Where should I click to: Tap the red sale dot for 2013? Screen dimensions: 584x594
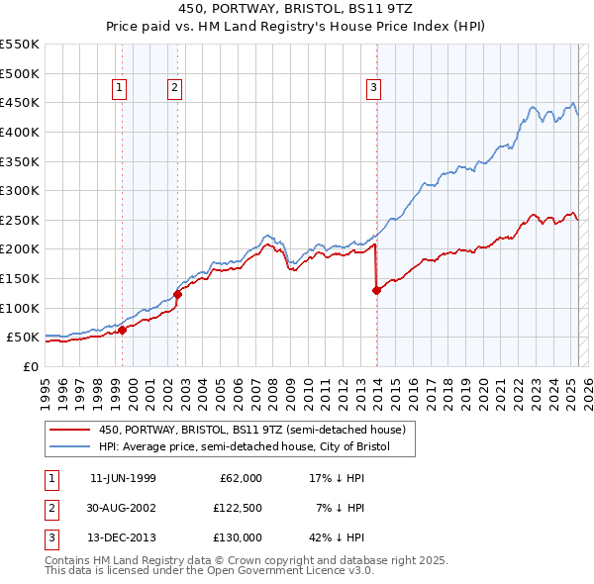[376, 290]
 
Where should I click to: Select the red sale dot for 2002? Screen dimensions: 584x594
[177, 294]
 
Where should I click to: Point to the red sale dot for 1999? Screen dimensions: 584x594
[122, 330]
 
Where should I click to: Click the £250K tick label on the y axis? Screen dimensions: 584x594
[19, 220]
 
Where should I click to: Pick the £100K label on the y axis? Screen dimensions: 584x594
[19, 308]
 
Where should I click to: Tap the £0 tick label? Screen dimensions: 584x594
[30, 366]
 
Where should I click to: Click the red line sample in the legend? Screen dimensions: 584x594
[70, 430]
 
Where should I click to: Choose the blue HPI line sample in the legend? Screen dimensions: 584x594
[70, 447]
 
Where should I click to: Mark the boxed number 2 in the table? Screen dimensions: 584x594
[50, 508]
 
